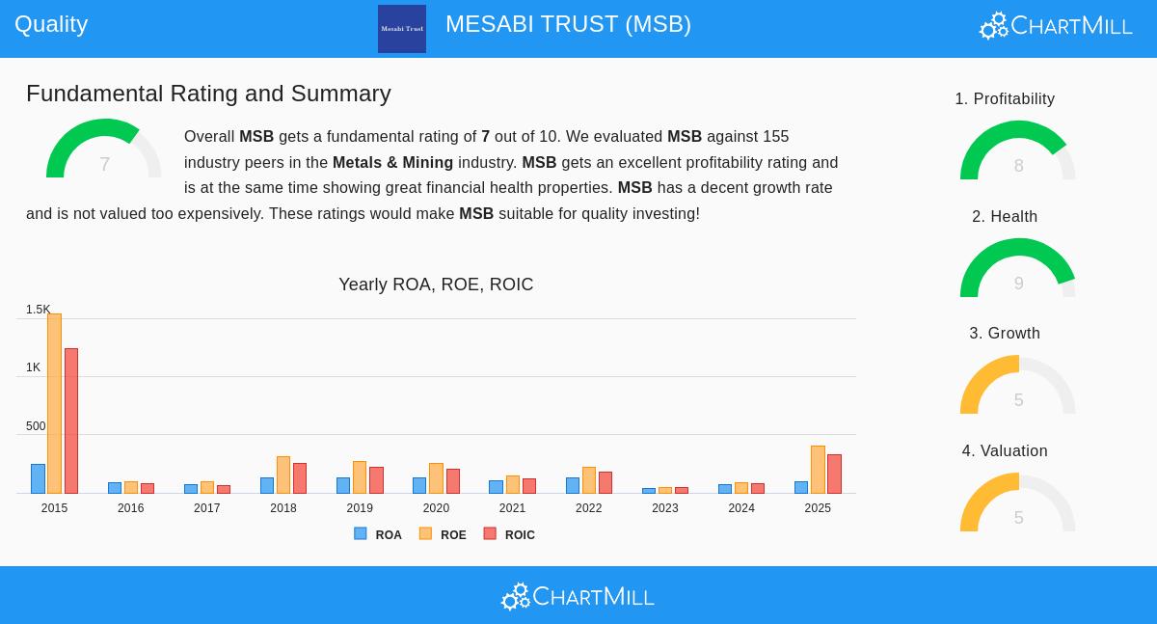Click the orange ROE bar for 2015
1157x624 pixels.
pos(54,403)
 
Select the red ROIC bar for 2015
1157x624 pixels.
pos(71,421)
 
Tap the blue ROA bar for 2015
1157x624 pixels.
pos(38,478)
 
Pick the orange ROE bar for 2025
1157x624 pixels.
pos(818,470)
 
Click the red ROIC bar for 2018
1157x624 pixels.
pos(300,478)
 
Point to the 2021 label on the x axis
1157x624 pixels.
pos(512,508)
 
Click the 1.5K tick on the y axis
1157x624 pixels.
pos(38,310)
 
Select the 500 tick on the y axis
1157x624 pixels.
pos(36,426)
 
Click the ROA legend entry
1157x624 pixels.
pos(378,534)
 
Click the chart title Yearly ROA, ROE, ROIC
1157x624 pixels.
pos(436,285)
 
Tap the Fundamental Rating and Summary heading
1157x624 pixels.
pos(208,94)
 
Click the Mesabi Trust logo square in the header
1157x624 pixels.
pos(402,29)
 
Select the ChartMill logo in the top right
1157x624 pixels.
pos(1056,26)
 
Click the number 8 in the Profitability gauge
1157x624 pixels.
pos(1018,166)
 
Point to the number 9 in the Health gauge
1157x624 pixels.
pos(1018,284)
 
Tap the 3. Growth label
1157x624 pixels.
pos(1005,334)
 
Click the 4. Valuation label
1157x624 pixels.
pos(1005,451)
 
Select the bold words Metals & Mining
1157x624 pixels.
pos(392,163)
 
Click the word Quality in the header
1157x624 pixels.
pos(51,24)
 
